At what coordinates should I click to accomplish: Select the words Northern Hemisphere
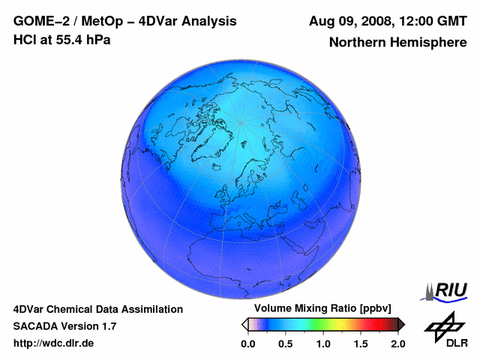[x=397, y=42]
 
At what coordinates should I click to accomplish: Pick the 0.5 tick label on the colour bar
[x=285, y=343]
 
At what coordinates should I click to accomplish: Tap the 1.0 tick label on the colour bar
[x=322, y=343]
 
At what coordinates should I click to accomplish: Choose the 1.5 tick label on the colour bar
[x=360, y=343]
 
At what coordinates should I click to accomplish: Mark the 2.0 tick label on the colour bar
[x=397, y=343]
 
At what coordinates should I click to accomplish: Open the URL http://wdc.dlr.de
[x=55, y=343]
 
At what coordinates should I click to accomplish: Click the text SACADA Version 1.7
[x=64, y=326]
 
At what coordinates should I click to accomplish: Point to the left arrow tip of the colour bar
[x=244, y=324]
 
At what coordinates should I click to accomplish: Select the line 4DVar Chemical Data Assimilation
[x=98, y=309]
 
